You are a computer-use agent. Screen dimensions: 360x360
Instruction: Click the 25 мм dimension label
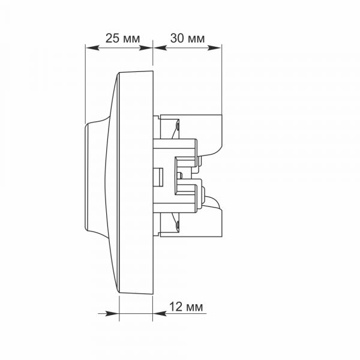122,38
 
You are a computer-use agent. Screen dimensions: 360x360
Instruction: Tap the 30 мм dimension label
187,38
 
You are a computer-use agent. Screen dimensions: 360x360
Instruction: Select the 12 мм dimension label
186,307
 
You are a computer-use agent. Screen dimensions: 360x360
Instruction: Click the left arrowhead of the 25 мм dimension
92,48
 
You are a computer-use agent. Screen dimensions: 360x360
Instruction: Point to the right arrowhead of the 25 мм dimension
146,48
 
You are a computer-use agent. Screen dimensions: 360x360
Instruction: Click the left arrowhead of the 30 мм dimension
160,48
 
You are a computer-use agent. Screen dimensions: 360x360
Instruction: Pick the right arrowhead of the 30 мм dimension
214,48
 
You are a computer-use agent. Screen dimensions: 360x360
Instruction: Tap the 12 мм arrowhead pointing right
112,313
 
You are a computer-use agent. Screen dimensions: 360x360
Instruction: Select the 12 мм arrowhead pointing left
160,313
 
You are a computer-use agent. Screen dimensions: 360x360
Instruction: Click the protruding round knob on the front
97,177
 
